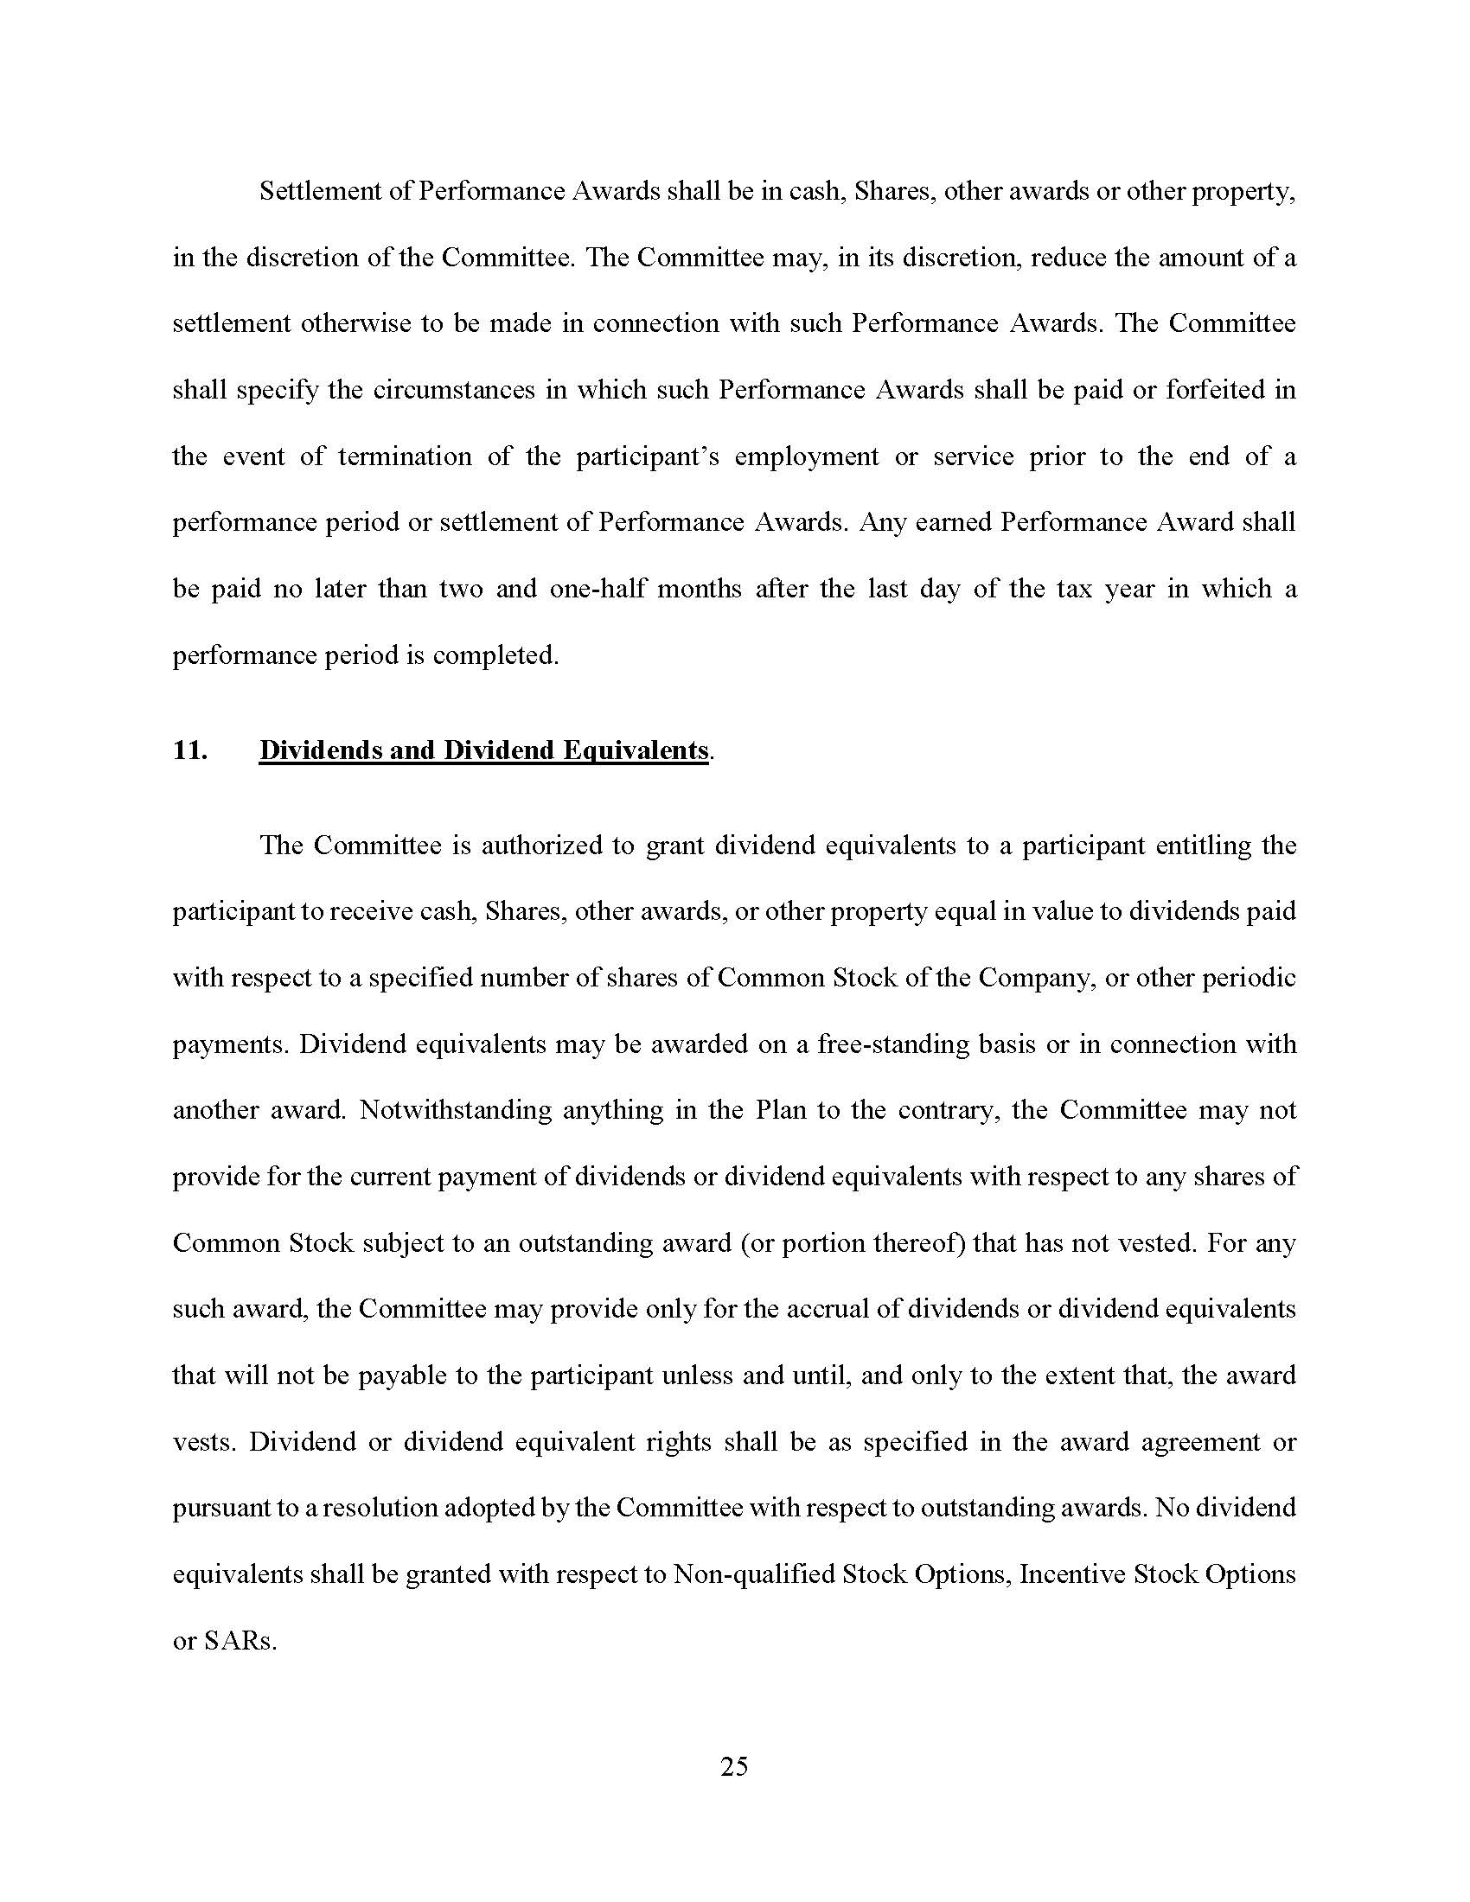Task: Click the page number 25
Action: tap(734, 1766)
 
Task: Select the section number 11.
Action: tap(190, 750)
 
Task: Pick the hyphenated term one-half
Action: tap(597, 589)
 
